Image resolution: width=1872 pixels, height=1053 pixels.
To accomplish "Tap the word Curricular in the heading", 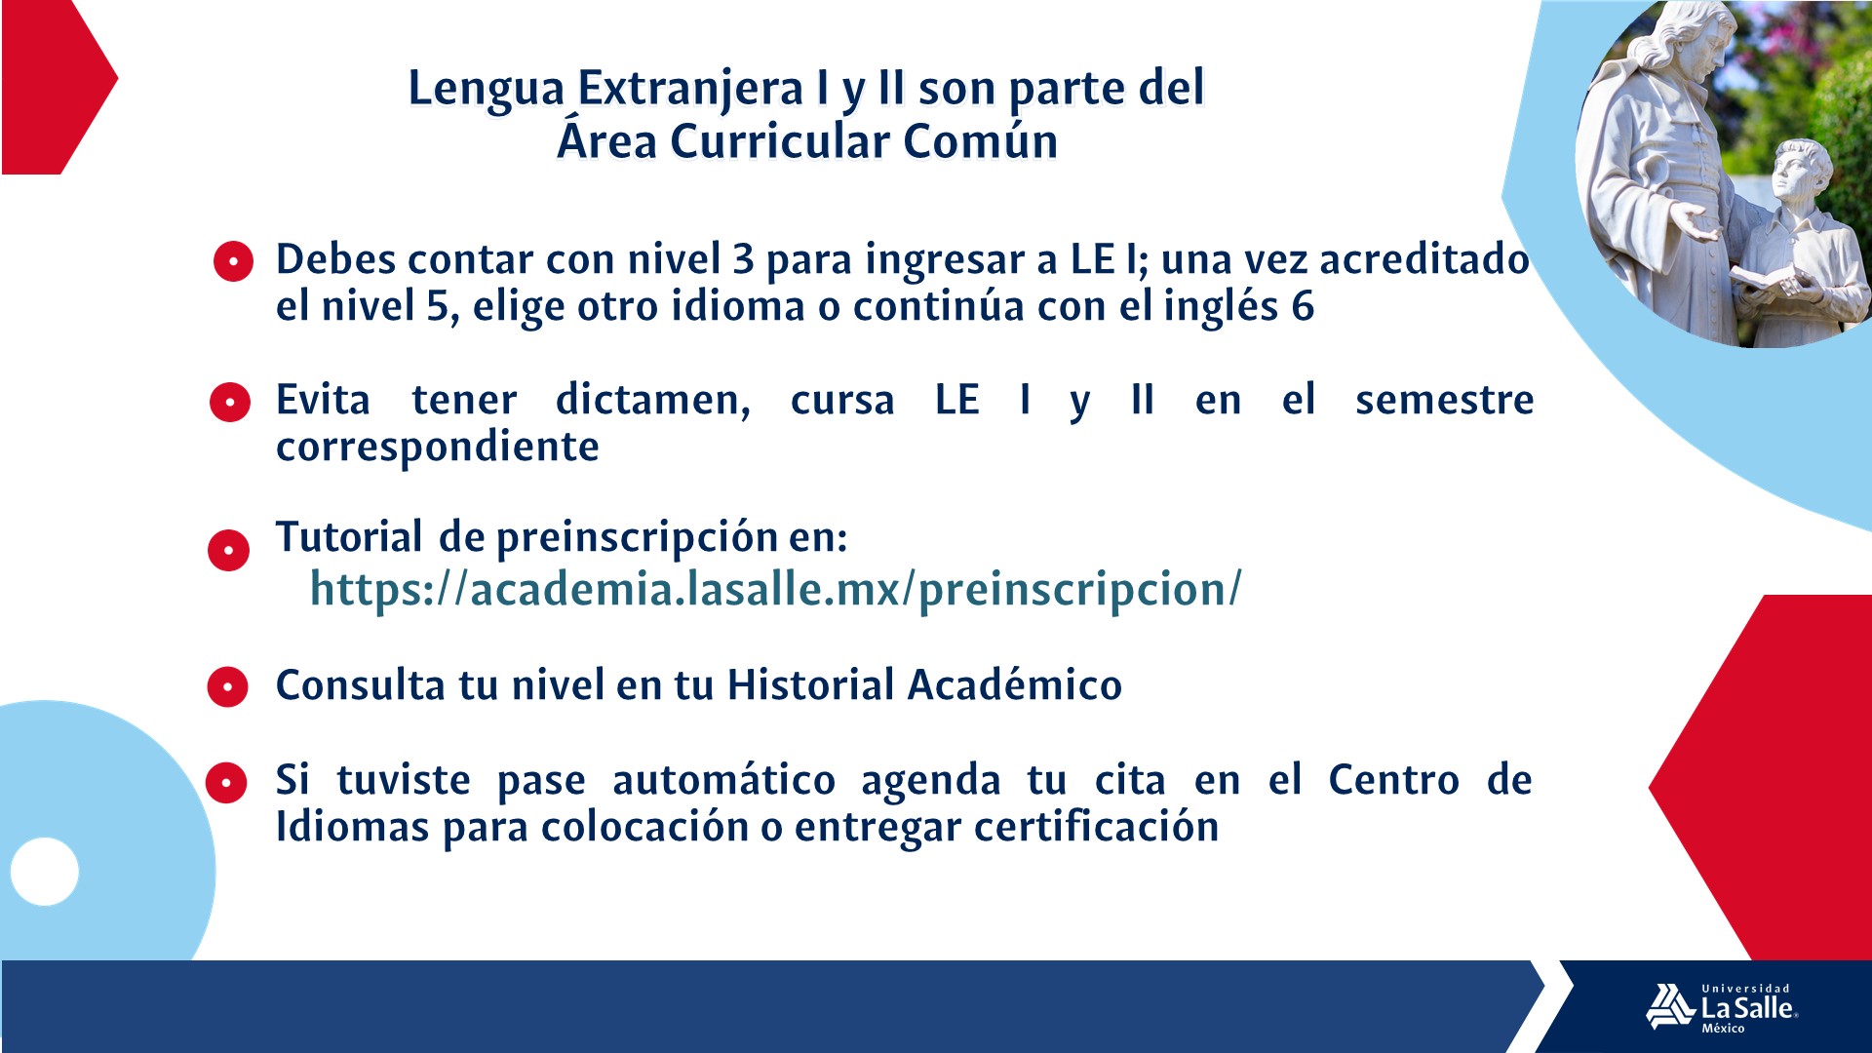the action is coord(780,141).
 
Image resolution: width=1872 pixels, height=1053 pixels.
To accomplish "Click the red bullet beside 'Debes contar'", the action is coord(233,261).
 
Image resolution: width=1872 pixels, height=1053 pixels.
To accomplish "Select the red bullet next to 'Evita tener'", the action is coord(230,402).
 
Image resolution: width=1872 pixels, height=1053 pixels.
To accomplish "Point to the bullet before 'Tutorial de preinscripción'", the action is coord(229,550).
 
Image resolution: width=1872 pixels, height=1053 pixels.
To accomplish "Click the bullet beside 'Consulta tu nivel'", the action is coord(228,686).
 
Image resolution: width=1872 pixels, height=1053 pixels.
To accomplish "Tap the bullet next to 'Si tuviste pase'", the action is coord(226,782).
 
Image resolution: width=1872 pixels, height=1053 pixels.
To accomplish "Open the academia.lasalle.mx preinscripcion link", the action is coord(776,589).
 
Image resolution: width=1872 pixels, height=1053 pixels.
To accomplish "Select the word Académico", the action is coord(1015,684).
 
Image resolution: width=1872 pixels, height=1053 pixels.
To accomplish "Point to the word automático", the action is coord(723,780).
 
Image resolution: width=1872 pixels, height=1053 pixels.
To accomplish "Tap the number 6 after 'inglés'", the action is coord(1304,307).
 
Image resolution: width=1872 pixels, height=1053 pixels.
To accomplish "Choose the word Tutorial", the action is coord(349,536).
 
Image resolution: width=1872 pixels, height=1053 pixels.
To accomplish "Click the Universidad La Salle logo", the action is coord(1722,1007).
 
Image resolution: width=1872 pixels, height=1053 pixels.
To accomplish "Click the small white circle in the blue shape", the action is coord(45,872).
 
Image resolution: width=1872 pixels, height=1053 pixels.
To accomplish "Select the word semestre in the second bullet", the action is coord(1444,400).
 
